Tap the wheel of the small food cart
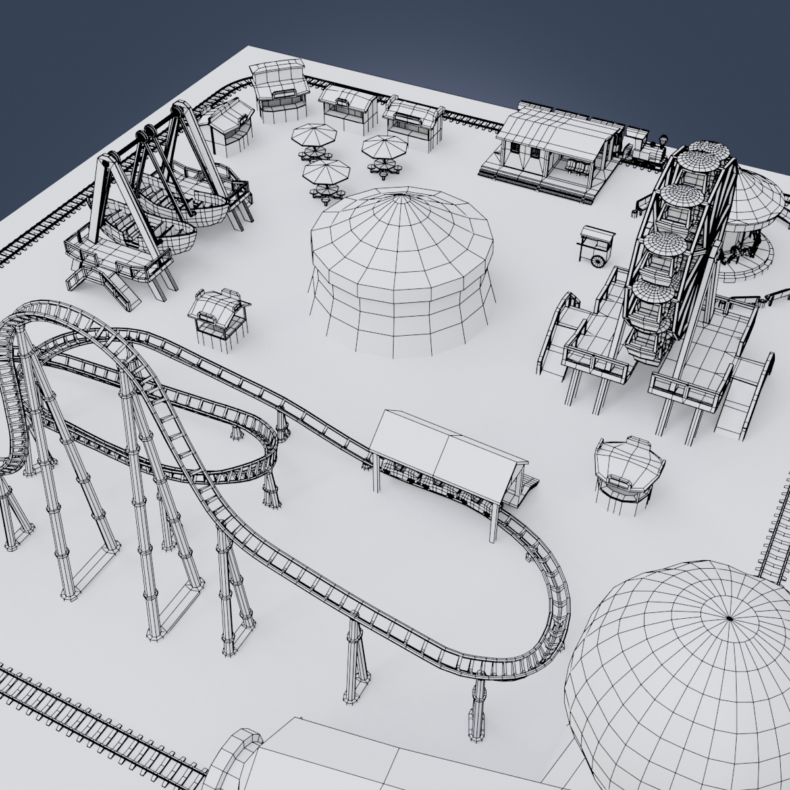point(597,261)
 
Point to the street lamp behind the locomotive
point(663,142)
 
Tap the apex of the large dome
point(729,618)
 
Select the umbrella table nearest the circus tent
point(325,174)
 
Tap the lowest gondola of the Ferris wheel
point(648,342)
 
